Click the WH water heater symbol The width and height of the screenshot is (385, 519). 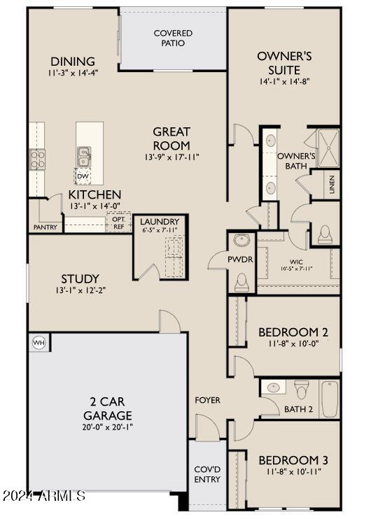coord(38,343)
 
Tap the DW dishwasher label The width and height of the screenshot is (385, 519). coord(83,176)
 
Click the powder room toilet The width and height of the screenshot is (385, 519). coord(242,282)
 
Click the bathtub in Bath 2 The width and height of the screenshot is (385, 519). coord(330,399)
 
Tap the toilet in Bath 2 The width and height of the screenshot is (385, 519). coord(302,389)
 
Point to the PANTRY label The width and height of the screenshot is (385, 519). coord(45,227)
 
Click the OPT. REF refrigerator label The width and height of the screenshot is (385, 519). coord(118,222)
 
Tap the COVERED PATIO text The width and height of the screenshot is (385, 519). coord(173,38)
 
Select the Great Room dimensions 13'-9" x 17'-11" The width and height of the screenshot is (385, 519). coord(172,157)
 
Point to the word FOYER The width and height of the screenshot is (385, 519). coord(207,400)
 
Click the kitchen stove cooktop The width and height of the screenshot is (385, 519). coord(37,160)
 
